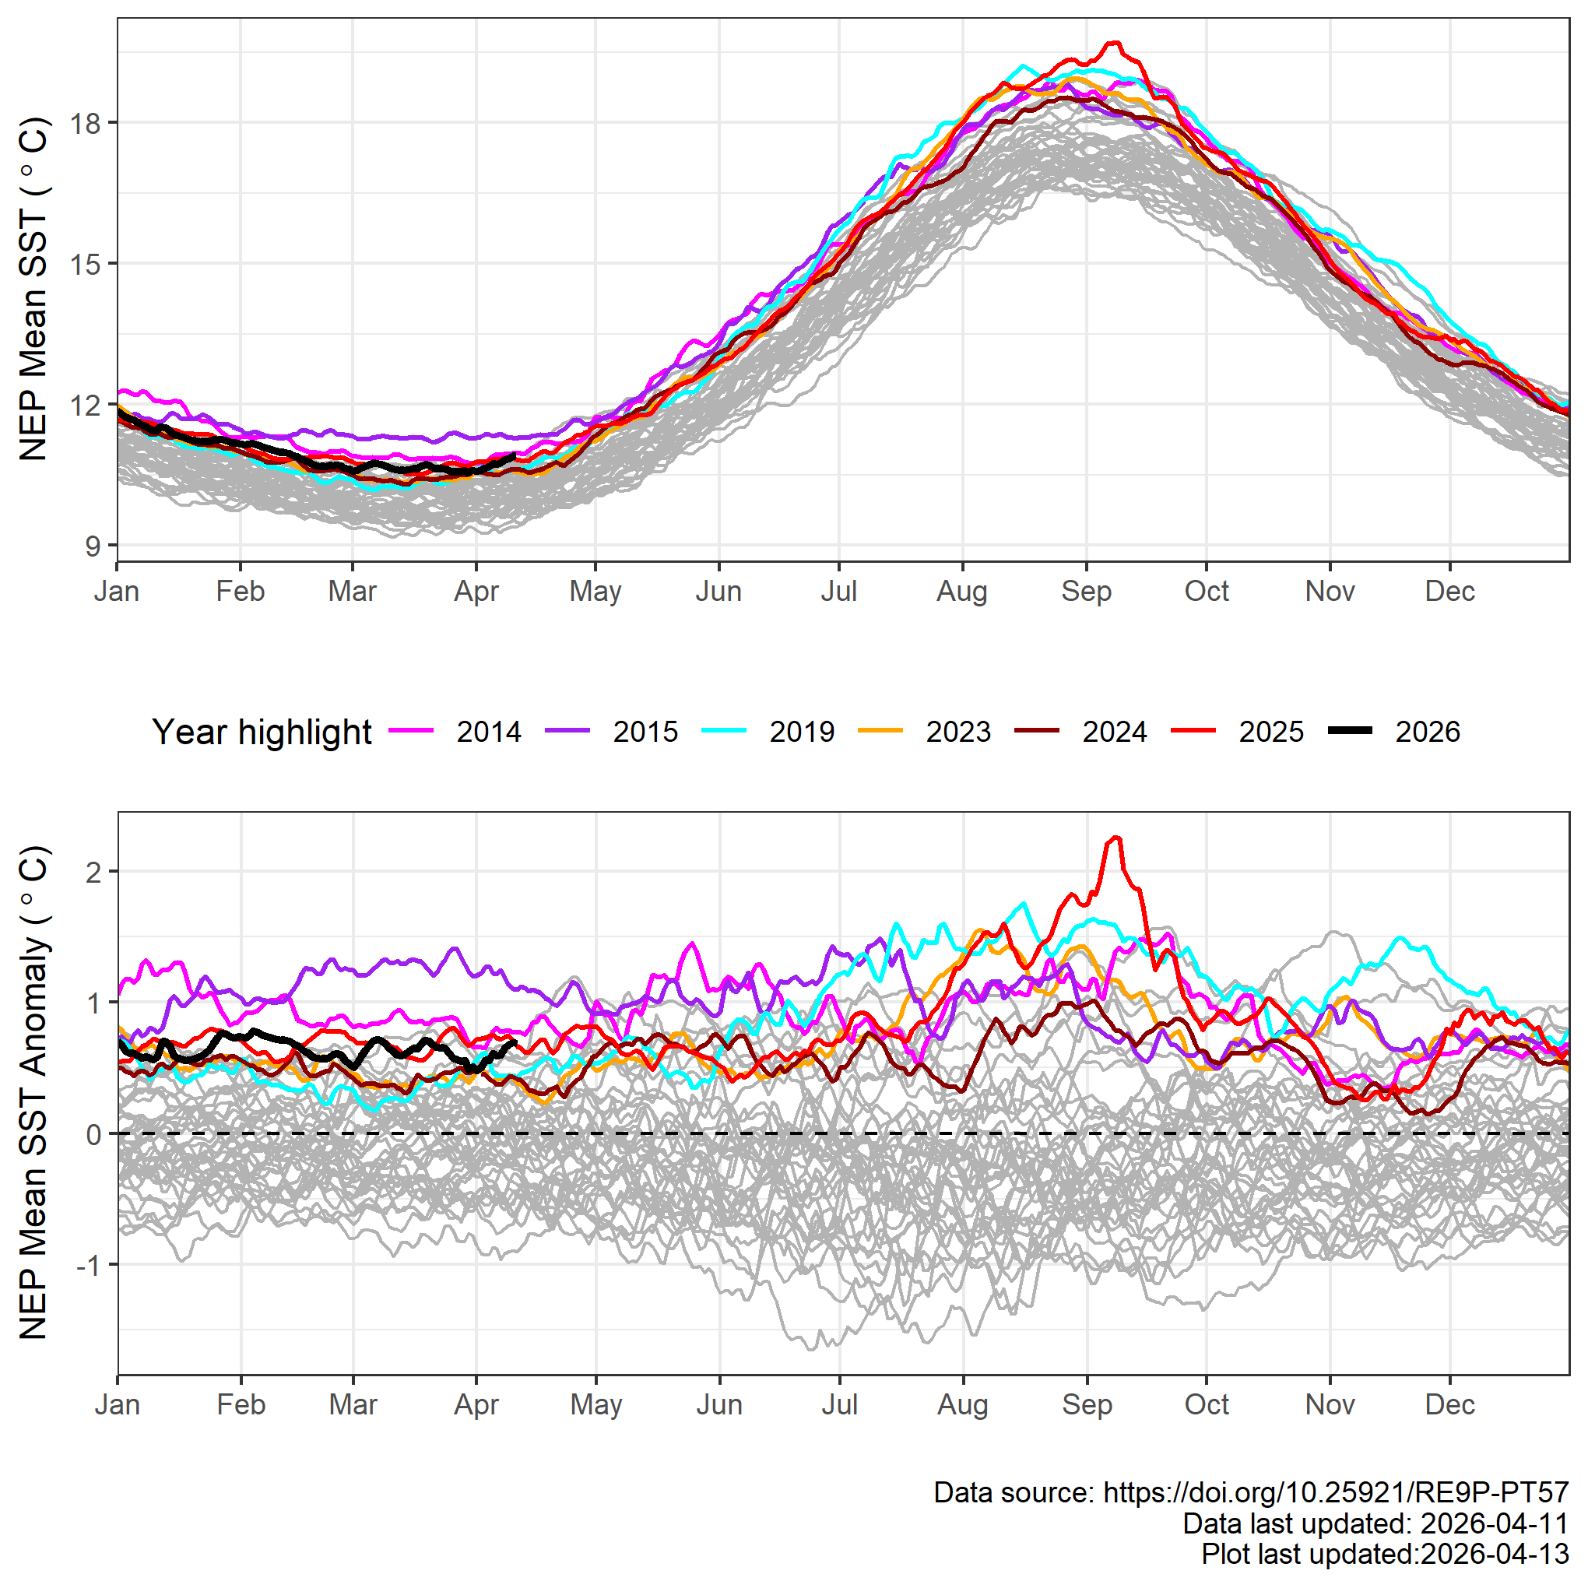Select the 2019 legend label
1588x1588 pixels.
tap(802, 732)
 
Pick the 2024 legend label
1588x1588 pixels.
tap(1114, 732)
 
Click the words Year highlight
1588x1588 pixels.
tap(262, 732)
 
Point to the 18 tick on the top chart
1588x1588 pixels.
tap(86, 123)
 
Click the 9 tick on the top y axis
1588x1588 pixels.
tap(93, 546)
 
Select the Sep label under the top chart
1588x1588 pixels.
tap(1086, 591)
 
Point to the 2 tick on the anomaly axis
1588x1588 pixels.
tap(93, 871)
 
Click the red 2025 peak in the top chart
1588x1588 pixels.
tap(1115, 42)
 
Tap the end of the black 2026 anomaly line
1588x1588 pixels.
tap(515, 1043)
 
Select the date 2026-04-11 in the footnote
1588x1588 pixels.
tap(1495, 1524)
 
